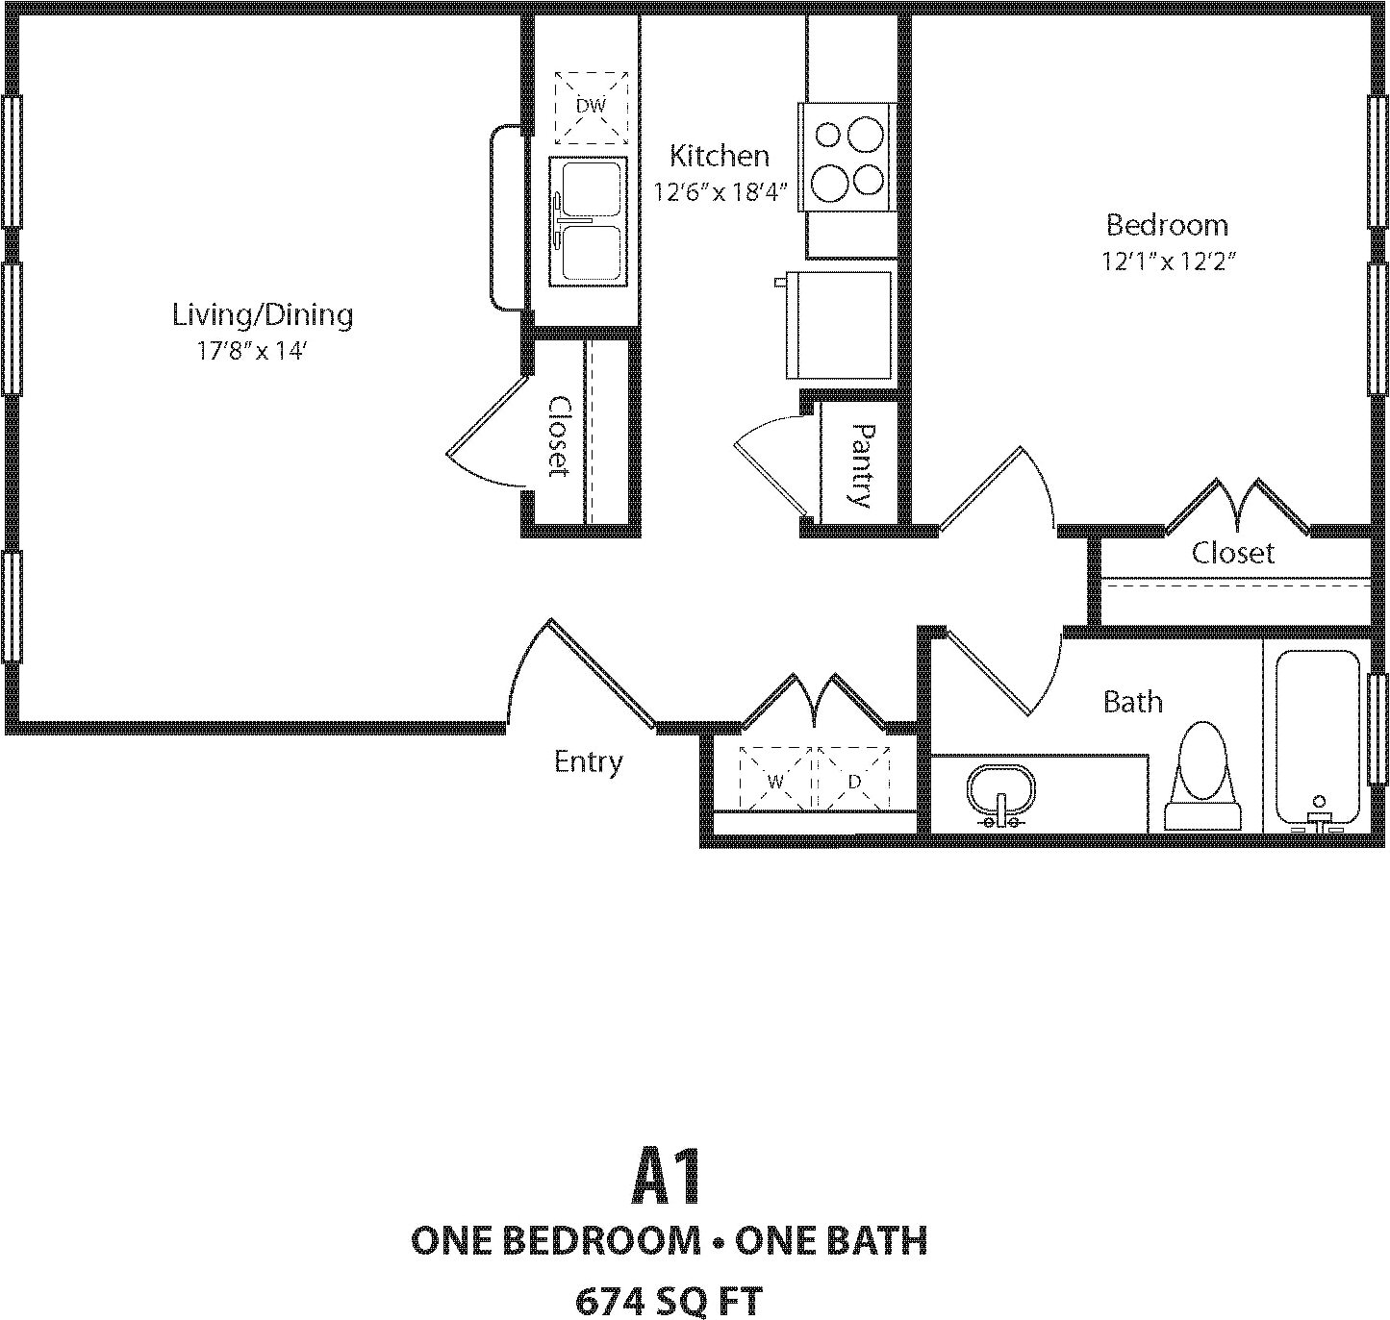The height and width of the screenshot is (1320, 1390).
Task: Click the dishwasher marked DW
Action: click(x=591, y=106)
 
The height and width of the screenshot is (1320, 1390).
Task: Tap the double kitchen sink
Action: click(x=588, y=222)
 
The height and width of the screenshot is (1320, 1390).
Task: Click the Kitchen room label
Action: click(x=720, y=155)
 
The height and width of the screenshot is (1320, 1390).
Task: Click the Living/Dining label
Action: click(x=263, y=314)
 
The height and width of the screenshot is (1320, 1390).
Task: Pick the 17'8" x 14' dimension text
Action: click(x=251, y=352)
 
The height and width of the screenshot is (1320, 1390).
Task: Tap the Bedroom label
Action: click(x=1167, y=225)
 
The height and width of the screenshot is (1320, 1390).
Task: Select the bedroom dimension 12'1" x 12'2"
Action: click(x=1167, y=262)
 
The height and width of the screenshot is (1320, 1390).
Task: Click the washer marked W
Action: click(x=776, y=781)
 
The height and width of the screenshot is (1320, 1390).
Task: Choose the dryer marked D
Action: click(x=854, y=781)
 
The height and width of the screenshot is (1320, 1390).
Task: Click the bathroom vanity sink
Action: click(x=1001, y=794)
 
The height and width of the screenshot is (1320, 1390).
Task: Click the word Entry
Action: click(x=589, y=762)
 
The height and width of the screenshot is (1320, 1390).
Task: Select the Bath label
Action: click(x=1132, y=702)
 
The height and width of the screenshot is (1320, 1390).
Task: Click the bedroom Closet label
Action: click(x=1233, y=553)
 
